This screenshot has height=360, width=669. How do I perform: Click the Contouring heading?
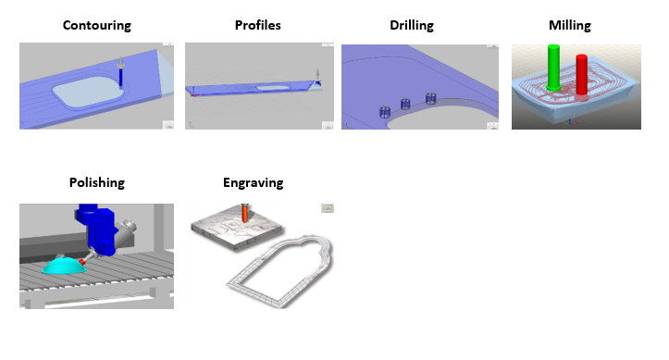pos(97,25)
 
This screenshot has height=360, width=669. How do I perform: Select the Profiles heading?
pos(258,25)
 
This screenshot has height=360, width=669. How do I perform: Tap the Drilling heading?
pos(412,25)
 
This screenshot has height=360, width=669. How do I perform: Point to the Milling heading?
pos(570,25)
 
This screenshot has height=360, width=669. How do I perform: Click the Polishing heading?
pos(97,182)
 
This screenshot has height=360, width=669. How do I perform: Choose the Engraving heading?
pos(253,182)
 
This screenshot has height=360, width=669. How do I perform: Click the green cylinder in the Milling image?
pos(553,68)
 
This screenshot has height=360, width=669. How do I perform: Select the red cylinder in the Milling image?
pos(581,75)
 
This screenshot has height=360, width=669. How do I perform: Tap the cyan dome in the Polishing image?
pos(64,265)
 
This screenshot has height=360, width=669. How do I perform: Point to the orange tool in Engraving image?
pos(245,213)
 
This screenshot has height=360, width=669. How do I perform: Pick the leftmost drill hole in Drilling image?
pos(385,112)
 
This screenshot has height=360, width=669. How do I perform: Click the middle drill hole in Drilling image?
pos(405,104)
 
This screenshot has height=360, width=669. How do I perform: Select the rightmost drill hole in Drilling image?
pos(431,98)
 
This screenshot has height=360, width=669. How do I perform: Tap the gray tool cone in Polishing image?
pos(127,229)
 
